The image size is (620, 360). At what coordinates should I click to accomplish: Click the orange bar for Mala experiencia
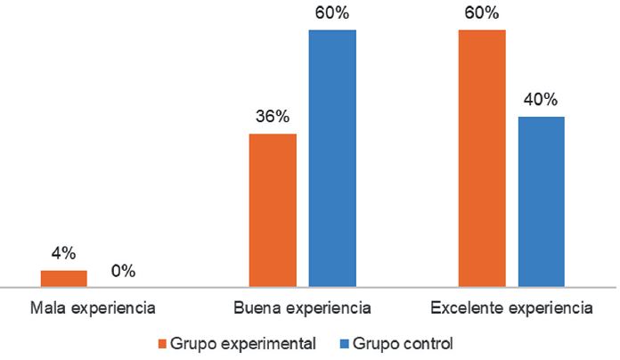tap(64, 278)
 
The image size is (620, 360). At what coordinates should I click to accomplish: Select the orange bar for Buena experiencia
tap(273, 210)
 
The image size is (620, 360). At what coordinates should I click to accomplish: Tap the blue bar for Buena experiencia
tap(332, 158)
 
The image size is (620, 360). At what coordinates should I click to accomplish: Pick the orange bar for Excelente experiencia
tap(482, 158)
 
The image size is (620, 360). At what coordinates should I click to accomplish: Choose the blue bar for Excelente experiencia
tap(541, 201)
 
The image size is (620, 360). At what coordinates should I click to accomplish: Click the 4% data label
tap(63, 253)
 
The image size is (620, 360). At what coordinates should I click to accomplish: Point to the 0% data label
tap(123, 271)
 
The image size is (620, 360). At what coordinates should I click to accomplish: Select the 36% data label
tap(273, 117)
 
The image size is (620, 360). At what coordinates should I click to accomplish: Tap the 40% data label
tap(541, 99)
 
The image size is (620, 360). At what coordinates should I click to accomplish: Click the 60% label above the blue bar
tap(332, 12)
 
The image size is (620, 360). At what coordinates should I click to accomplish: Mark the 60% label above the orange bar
tap(482, 12)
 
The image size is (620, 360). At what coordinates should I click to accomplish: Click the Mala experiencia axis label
tap(94, 310)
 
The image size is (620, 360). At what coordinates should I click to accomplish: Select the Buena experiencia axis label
tap(302, 310)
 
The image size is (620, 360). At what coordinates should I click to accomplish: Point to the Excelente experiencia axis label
tap(511, 310)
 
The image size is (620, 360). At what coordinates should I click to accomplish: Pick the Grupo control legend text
tap(403, 343)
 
